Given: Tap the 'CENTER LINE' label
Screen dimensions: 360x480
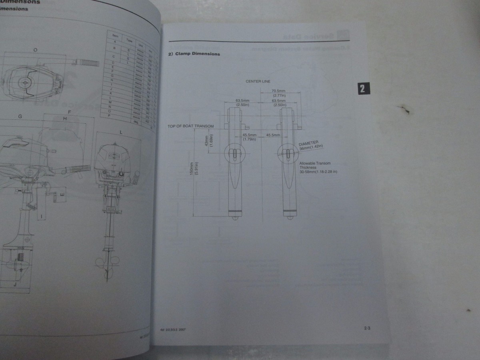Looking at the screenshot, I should pos(258,81).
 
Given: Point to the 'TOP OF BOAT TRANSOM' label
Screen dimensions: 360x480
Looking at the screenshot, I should pos(190,126).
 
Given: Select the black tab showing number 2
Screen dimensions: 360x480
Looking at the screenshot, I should pos(362,88).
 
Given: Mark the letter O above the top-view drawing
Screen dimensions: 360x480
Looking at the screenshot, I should pos(36,50).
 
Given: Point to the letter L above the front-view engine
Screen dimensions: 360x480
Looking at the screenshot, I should pos(120,132).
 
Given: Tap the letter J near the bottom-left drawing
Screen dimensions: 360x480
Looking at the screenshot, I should pos(14,284).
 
